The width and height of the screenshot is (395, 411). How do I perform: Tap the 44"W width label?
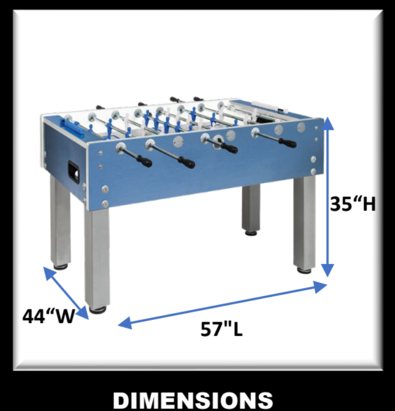(x=48, y=316)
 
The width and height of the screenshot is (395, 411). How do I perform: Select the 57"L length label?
(x=222, y=329)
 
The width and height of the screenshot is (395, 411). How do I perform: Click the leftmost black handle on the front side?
(x=144, y=161)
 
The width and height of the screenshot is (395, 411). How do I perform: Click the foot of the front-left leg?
(x=98, y=309)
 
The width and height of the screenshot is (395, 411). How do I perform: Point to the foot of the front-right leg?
(x=304, y=269)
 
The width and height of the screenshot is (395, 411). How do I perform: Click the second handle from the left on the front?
(x=186, y=161)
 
